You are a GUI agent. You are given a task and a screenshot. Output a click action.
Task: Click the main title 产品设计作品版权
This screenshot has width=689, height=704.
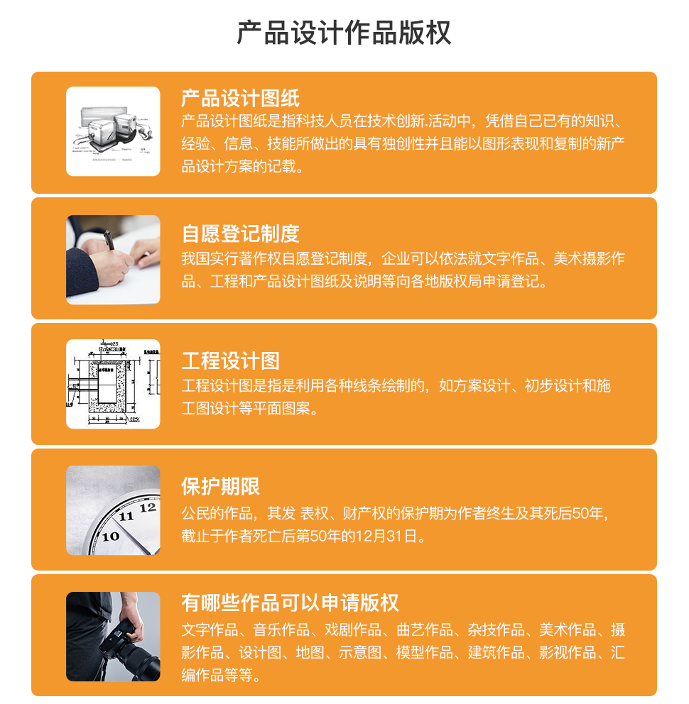[344, 33]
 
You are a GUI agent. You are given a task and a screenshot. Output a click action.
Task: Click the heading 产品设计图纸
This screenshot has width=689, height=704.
[241, 98]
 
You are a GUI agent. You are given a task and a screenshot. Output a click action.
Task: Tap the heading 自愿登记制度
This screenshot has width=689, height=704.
[241, 234]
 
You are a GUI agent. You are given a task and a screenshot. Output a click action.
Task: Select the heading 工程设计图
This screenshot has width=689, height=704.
[231, 361]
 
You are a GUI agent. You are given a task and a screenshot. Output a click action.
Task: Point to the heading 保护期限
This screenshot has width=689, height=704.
[221, 487]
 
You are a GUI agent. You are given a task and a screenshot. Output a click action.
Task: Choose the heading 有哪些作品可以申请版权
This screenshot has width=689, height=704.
[290, 603]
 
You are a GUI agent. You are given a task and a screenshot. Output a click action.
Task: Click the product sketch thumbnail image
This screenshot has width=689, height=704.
[113, 131]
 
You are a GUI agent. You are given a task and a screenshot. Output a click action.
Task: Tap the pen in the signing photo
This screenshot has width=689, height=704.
[109, 239]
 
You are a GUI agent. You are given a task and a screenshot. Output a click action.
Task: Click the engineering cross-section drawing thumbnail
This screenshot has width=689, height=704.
[113, 384]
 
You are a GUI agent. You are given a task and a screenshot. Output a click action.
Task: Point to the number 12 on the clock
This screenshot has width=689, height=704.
[148, 508]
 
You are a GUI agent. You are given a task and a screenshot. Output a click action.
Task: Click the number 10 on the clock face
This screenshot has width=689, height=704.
[111, 536]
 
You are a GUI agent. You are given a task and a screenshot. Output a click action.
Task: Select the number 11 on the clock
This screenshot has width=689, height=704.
[126, 517]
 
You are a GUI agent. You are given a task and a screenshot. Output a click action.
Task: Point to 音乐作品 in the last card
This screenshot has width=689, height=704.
[281, 630]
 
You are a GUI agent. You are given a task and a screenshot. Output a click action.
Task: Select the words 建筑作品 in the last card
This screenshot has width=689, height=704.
[497, 652]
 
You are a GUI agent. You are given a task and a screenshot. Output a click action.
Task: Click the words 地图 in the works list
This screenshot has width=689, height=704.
[310, 652]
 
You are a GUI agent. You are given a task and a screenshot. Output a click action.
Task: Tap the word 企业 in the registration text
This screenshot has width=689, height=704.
[396, 258]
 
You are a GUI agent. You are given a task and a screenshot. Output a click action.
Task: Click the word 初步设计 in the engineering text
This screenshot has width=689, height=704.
[553, 385]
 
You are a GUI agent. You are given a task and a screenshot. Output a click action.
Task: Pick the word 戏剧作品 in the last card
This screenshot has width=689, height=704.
[353, 630]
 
